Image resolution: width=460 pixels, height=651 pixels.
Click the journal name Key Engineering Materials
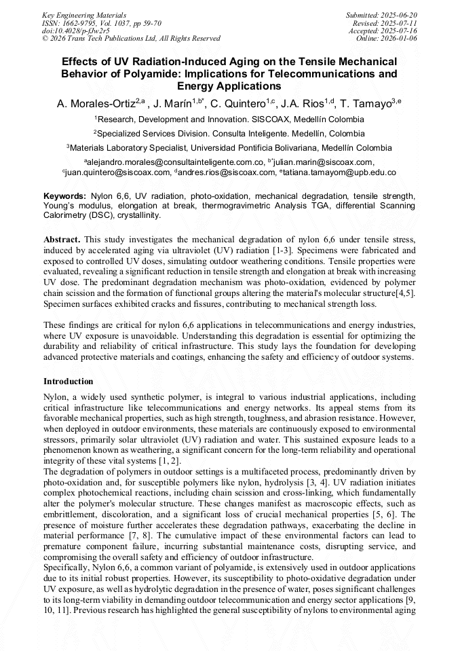(83, 15)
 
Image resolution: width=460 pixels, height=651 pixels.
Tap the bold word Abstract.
(62, 240)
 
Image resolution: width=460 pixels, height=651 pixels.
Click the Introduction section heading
(69, 382)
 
